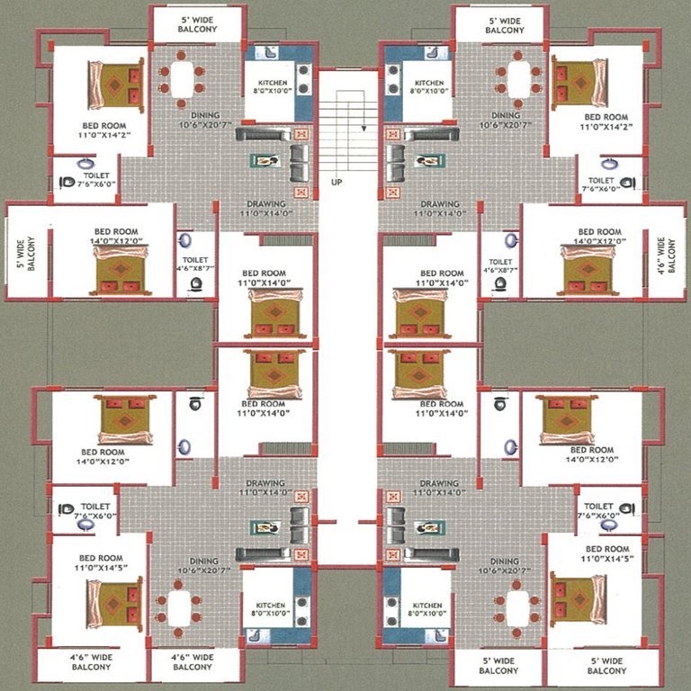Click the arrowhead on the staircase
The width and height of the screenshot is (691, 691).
(363, 128)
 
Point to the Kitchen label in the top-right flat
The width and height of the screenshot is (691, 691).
(429, 86)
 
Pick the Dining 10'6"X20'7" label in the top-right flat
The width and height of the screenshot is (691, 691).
(506, 121)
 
